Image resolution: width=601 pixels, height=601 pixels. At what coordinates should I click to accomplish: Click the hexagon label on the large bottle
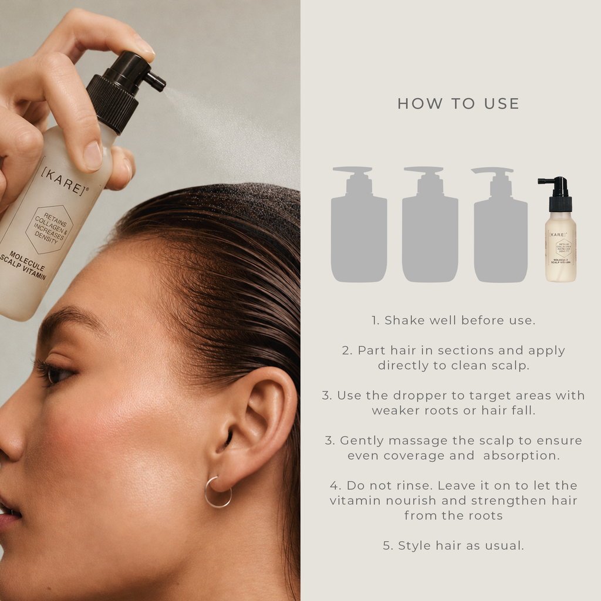click(49, 229)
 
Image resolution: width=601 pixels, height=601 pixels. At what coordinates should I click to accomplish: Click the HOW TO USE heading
click(458, 103)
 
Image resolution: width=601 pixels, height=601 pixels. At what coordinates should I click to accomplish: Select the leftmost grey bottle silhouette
click(359, 224)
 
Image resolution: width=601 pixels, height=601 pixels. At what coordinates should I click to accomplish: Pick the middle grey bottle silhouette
click(430, 224)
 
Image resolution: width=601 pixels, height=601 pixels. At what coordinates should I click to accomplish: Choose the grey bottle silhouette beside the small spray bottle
click(500, 224)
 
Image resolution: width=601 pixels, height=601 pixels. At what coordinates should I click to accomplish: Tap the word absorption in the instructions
click(521, 456)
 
